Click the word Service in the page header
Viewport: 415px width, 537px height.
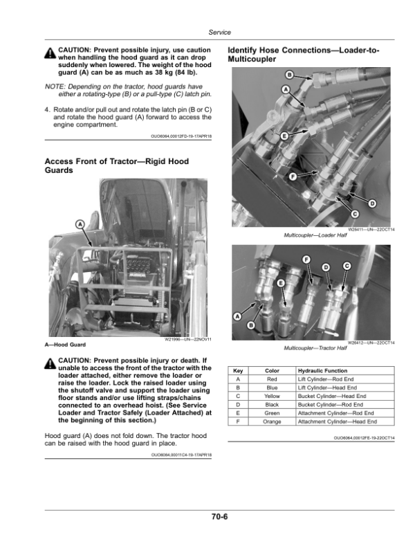(x=219, y=33)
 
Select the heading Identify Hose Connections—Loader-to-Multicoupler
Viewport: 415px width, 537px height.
(x=303, y=57)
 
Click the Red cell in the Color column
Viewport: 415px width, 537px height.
(x=272, y=379)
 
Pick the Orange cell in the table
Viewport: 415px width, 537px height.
(x=272, y=421)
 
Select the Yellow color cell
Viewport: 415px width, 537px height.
(x=272, y=396)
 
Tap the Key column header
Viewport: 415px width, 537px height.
(x=238, y=371)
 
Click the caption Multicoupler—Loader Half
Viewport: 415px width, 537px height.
(x=311, y=236)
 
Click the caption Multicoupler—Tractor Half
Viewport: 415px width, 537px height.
(x=311, y=347)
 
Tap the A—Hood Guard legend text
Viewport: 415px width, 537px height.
(x=67, y=344)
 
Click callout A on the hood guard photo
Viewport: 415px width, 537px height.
(x=80, y=224)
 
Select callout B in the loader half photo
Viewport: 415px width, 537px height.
(x=289, y=75)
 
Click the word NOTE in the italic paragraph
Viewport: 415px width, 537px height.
(x=54, y=86)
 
